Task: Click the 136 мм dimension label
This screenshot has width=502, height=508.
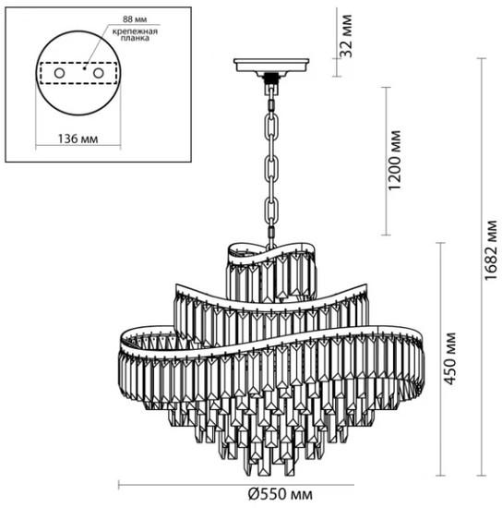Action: [x=78, y=139]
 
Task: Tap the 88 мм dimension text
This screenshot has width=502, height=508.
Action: [x=135, y=19]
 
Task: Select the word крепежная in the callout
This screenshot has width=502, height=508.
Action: [x=135, y=31]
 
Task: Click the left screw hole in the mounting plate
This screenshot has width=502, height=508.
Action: [x=59, y=73]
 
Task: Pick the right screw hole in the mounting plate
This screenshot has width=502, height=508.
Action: [x=99, y=73]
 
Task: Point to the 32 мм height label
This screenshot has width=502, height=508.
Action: [x=346, y=36]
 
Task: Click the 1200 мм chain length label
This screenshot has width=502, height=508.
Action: [x=395, y=161]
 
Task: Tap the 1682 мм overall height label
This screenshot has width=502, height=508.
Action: [x=491, y=249]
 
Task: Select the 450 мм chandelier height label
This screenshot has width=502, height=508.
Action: [x=449, y=358]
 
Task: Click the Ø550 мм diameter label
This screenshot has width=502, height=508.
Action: [x=281, y=494]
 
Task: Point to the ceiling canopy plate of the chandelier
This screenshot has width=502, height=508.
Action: [x=271, y=66]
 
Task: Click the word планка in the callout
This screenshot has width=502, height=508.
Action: [x=135, y=38]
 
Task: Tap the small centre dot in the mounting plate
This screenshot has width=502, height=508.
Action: [x=84, y=68]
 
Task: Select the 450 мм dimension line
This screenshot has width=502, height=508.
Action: [x=440, y=359]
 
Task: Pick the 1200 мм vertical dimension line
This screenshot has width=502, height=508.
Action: [x=386, y=161]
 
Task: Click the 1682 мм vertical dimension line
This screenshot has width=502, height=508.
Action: [x=482, y=267]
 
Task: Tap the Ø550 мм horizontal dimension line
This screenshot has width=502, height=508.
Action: [x=236, y=485]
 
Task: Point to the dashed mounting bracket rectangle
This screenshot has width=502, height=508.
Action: [x=78, y=63]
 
